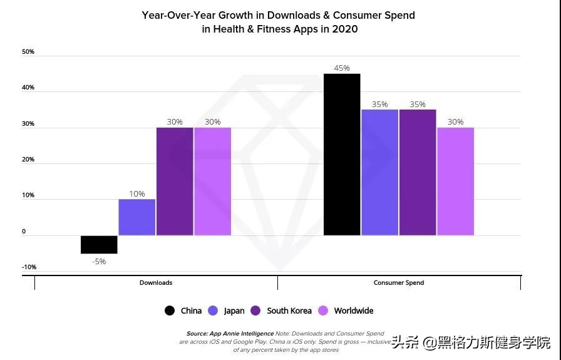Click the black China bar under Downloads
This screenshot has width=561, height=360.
[99, 245]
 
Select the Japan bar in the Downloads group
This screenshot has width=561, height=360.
[137, 217]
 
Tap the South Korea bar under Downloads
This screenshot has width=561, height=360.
[175, 182]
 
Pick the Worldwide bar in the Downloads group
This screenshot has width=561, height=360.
[213, 182]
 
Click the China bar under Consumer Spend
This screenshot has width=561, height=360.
[342, 155]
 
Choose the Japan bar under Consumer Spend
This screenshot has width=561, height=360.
[379, 173]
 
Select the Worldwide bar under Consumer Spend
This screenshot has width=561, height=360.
[455, 182]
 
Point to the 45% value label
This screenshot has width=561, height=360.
[342, 68]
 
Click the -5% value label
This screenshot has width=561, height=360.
[99, 262]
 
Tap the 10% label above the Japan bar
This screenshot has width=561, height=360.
[137, 194]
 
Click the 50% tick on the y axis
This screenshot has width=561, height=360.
[28, 52]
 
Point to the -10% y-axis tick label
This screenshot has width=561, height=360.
[29, 267]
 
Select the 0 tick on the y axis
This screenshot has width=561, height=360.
[24, 232]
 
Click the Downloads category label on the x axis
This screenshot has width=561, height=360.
[156, 283]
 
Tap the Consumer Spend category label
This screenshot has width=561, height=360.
[399, 283]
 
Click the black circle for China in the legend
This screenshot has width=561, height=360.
[170, 311]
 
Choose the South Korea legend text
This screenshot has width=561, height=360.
[289, 311]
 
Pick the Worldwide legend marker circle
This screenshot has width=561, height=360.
[324, 311]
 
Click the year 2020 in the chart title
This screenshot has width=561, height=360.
[346, 29]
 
